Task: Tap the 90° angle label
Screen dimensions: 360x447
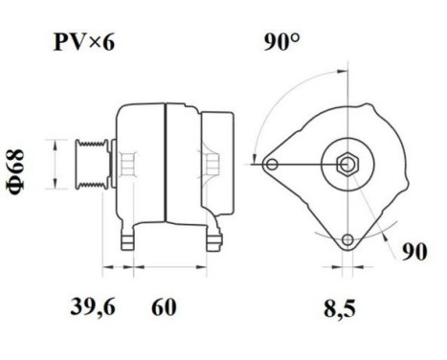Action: tap(284, 44)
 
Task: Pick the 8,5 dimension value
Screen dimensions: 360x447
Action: tap(336, 308)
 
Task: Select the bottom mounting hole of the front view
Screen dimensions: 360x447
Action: tap(346, 238)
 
